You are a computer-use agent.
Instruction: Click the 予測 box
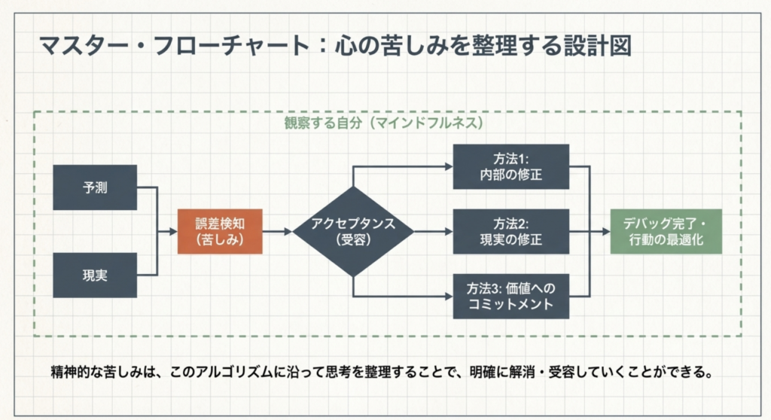95,187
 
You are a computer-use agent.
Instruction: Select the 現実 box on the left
95,275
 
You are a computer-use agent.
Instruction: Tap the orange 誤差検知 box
220,231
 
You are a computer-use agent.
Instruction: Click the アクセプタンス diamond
353,231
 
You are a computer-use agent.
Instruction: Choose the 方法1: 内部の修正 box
510,167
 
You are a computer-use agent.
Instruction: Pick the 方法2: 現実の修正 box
510,231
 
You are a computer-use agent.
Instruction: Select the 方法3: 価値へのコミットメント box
510,296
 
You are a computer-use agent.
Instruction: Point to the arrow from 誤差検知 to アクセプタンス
277,231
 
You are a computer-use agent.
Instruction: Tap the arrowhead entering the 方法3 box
448,296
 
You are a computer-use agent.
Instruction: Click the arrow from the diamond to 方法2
433,231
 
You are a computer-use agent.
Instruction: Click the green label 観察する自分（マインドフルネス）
383,123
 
